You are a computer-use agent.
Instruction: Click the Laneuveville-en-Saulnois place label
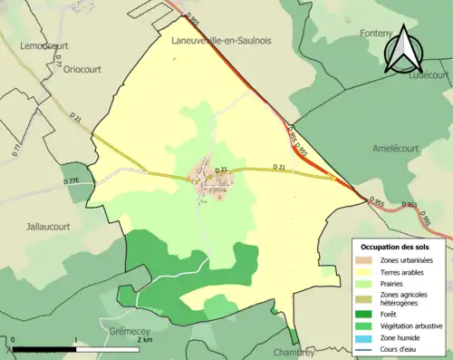(223, 41)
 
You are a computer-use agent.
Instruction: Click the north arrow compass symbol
(404, 50)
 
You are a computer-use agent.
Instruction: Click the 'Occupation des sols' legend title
(397, 248)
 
